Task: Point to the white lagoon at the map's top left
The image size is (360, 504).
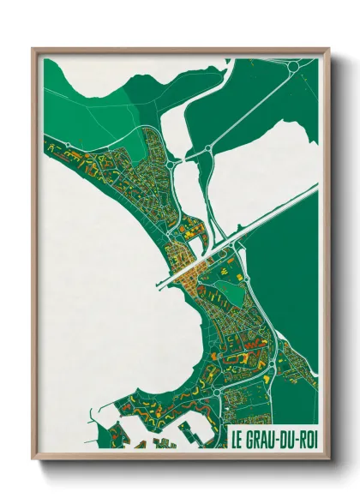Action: [x=77, y=86]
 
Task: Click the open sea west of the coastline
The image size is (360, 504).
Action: [x=94, y=283]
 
